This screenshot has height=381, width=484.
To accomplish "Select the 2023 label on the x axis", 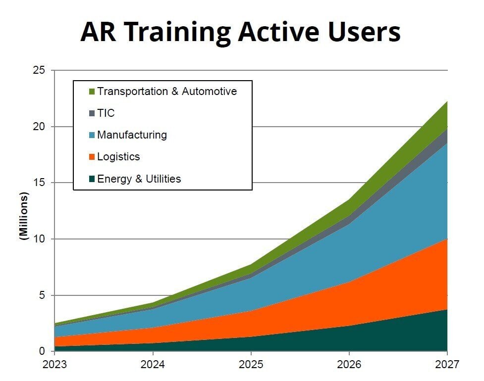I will [x=54, y=366].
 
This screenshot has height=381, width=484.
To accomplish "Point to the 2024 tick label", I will [x=153, y=366].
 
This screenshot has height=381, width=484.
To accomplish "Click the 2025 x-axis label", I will [x=251, y=366].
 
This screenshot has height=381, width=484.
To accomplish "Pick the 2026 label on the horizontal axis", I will [x=349, y=366].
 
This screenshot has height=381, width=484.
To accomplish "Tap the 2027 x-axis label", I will [x=447, y=366].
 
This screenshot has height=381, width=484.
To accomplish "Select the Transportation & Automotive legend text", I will [x=167, y=92].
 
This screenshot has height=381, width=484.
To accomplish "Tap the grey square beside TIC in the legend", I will [x=92, y=113].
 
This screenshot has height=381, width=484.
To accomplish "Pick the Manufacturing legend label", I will [x=132, y=135].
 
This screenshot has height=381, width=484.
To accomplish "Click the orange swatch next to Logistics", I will [x=92, y=157].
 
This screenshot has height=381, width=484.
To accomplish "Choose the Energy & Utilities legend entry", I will [x=139, y=179].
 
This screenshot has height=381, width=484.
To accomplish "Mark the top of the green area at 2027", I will [x=447, y=101].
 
